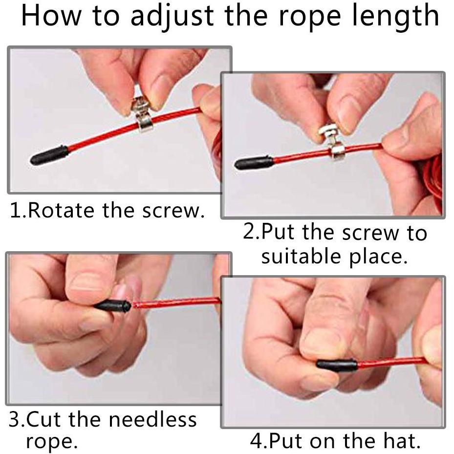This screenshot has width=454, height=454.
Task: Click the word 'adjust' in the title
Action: (172, 16)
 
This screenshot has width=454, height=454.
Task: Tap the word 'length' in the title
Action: (396, 16)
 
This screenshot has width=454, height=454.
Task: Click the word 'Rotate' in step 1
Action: (61, 210)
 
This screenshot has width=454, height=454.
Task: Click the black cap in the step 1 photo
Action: (49, 155)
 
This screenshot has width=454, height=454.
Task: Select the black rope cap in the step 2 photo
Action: (254, 163)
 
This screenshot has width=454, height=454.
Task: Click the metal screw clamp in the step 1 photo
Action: (142, 114)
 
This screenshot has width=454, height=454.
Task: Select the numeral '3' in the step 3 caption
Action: (14, 419)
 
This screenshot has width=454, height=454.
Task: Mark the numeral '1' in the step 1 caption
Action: (15, 210)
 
